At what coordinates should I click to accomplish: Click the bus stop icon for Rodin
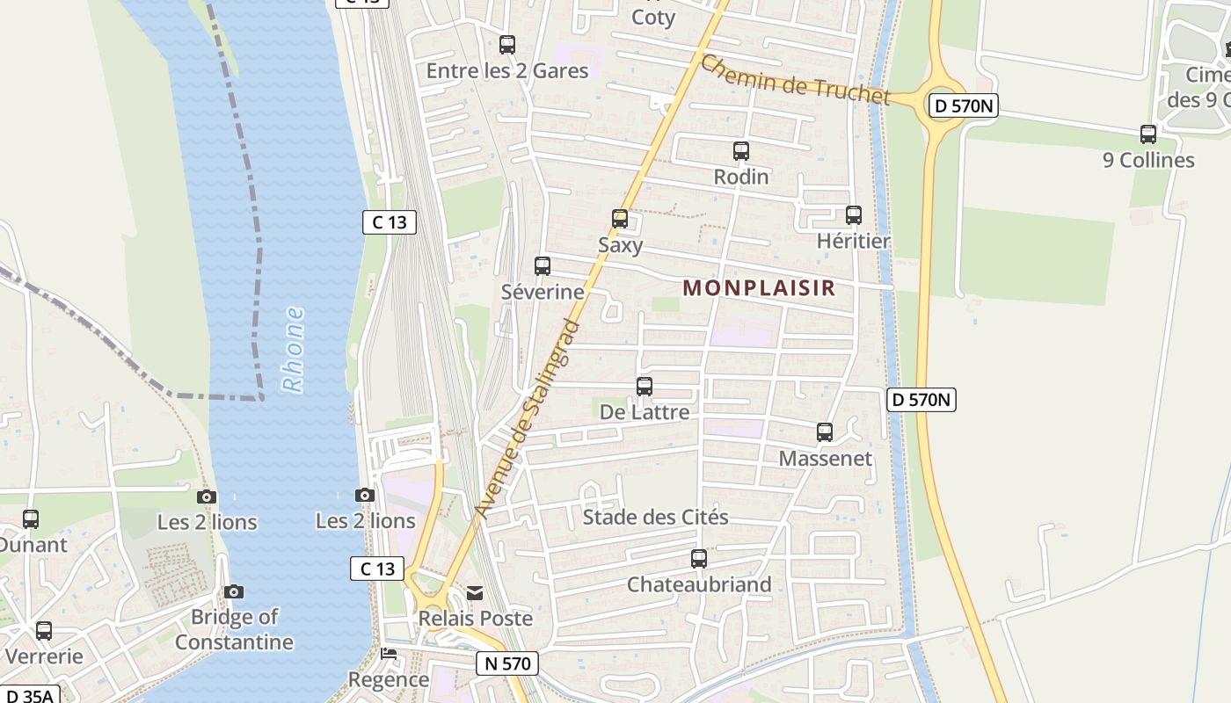[741, 151]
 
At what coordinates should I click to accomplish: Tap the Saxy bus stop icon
[620, 218]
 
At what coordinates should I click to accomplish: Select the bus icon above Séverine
[543, 265]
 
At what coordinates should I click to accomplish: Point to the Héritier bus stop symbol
[853, 215]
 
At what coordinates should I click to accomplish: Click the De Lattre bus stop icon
[645, 386]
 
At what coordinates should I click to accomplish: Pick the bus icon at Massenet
[824, 431]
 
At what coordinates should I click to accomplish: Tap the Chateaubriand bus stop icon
[699, 558]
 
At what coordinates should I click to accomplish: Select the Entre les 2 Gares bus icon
[507, 45]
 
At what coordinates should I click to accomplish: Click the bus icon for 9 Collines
[1148, 134]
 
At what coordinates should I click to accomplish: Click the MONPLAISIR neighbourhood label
[759, 288]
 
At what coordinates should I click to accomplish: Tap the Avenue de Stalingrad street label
[528, 419]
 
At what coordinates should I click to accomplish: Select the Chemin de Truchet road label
[795, 80]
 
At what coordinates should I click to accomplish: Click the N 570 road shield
[507, 663]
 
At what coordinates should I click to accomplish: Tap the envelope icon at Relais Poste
[475, 593]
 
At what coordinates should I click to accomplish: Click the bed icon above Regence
[389, 654]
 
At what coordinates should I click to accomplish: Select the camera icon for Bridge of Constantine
[234, 591]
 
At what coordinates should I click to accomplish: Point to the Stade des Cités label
[655, 517]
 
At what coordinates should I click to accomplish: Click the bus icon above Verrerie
[44, 630]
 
